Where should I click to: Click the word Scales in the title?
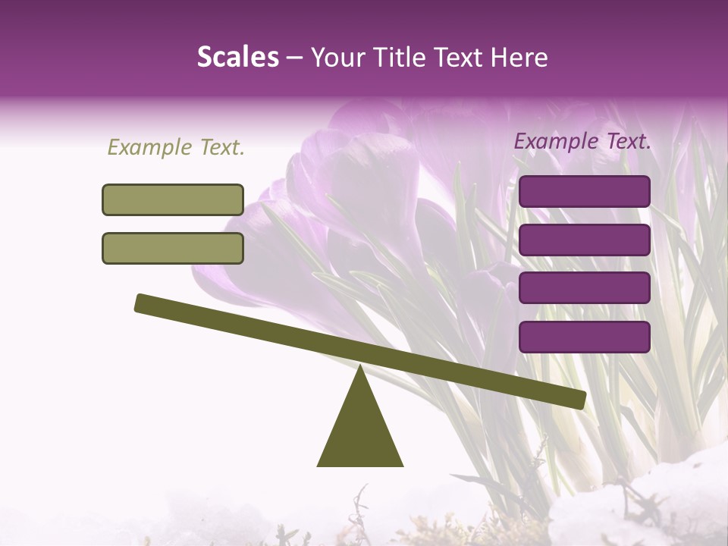(237, 57)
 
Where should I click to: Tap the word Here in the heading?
(517, 57)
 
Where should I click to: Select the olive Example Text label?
(176, 147)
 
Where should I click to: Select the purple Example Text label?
(582, 141)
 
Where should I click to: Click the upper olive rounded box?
(173, 199)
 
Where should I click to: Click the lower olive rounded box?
(173, 248)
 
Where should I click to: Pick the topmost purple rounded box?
(585, 191)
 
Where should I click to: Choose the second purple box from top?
(585, 240)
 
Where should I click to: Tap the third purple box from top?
(585, 288)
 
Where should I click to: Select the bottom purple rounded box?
(585, 337)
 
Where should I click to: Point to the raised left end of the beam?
(140, 303)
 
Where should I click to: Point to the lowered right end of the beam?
(581, 400)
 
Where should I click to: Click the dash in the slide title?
(294, 58)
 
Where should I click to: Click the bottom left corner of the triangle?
(318, 466)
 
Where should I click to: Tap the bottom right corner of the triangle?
(403, 466)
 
